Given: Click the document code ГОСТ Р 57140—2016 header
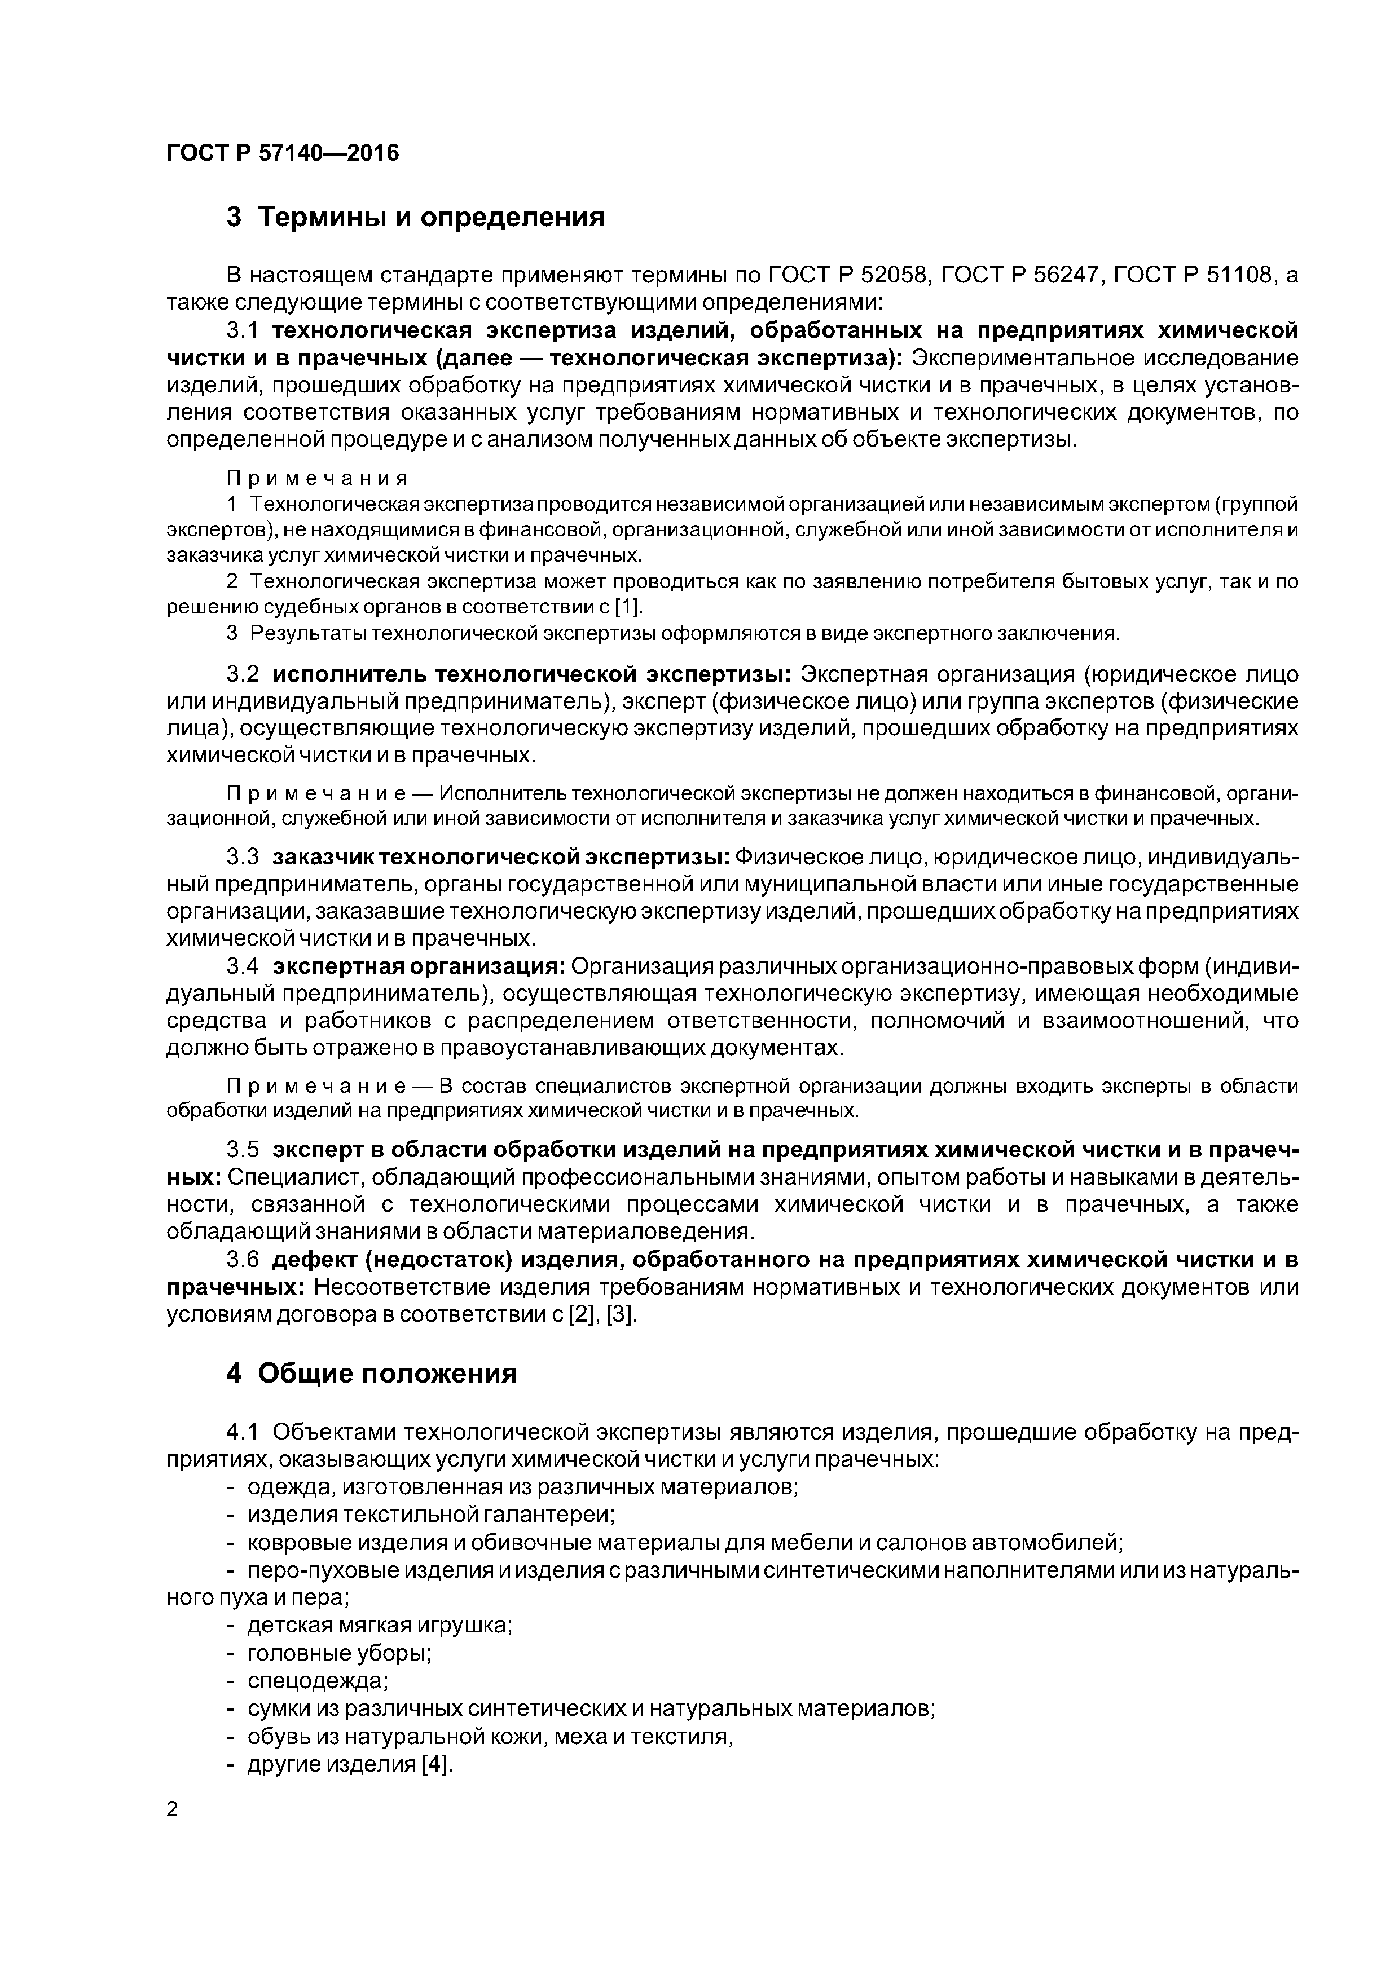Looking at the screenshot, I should pyautogui.click(x=283, y=153).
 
